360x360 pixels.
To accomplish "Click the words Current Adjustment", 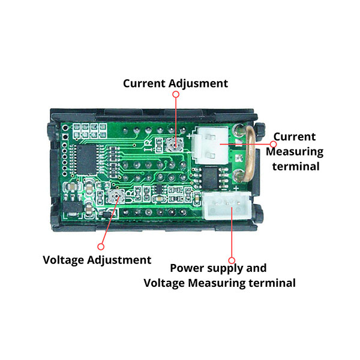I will click(175, 83).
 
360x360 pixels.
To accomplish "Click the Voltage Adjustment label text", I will click(97, 260).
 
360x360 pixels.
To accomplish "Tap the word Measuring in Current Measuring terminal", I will click(298, 152).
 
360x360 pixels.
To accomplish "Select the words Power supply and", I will click(218, 268).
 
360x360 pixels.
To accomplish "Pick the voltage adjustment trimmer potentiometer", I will click(117, 195).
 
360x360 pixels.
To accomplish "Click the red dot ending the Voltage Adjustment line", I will click(101, 246).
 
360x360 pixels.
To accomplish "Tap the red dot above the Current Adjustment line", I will click(176, 94).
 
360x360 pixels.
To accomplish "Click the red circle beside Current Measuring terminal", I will click(273, 144).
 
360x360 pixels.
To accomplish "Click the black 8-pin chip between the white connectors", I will click(211, 177).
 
